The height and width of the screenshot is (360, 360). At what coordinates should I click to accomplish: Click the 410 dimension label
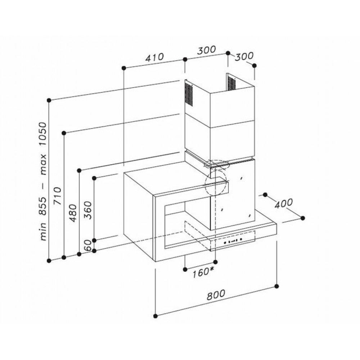(154, 57)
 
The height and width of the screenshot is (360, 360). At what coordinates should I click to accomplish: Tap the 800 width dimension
(216, 295)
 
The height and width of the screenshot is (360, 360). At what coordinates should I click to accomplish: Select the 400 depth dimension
(284, 203)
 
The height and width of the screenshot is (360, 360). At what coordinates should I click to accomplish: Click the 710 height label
(57, 196)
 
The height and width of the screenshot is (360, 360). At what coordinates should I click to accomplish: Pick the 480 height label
(73, 213)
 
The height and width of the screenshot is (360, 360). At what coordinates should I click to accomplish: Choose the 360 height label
(88, 210)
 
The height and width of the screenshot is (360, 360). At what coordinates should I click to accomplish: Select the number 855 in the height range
(43, 206)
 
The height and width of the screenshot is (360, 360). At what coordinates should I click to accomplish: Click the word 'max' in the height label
(43, 165)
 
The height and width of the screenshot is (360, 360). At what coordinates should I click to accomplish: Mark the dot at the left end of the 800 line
(156, 316)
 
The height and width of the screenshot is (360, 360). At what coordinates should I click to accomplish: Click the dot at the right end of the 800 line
(276, 286)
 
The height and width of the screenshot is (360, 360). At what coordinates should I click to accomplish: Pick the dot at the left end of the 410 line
(124, 68)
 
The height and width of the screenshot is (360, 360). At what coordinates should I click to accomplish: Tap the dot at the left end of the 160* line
(185, 269)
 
